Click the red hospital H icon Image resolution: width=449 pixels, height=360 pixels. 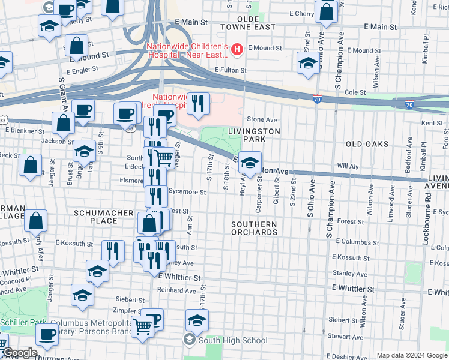point(238,49)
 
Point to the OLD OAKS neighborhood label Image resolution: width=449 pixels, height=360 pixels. point(367,144)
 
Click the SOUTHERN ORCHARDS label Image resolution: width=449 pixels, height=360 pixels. point(255,228)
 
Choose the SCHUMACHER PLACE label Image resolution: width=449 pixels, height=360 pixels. point(96,217)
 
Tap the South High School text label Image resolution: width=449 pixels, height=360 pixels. point(234,341)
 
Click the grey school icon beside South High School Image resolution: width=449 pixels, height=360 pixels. point(190,341)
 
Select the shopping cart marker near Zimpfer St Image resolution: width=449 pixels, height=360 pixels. point(142,327)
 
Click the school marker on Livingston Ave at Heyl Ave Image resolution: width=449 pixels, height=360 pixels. point(250,161)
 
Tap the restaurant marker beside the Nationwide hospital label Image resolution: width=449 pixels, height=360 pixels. point(197,104)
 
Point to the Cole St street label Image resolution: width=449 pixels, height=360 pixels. point(355,92)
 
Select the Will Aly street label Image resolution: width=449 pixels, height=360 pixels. point(348,165)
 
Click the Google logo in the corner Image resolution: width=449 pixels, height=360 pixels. point(20,353)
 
